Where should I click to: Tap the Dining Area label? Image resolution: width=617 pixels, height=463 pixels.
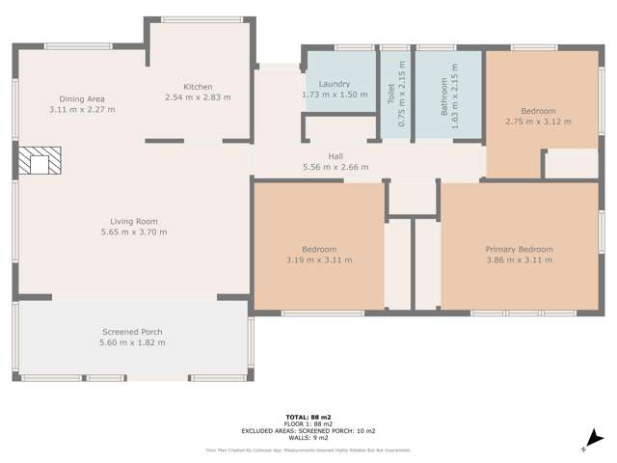pos(82,99)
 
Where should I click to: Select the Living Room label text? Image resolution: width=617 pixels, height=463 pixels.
pos(134,221)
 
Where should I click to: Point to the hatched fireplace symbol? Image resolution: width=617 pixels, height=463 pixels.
pos(40,161)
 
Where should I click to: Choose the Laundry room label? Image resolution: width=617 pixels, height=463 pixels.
pos(334,84)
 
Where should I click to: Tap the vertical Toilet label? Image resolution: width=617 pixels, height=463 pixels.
pos(390,94)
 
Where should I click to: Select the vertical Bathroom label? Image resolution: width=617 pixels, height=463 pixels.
pos(444,96)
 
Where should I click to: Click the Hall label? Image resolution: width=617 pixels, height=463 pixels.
pos(335,156)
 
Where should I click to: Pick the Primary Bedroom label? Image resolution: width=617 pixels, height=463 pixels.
pos(519,249)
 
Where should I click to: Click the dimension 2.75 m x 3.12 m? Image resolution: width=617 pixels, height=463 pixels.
pos(538,122)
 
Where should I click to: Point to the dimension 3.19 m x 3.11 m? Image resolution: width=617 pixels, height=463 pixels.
pos(319,259)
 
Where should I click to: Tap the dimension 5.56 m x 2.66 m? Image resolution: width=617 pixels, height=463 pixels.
pos(335,167)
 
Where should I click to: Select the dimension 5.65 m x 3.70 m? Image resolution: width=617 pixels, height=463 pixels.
pos(134,231)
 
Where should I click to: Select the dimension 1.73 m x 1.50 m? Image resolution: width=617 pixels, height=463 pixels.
pos(334,95)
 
